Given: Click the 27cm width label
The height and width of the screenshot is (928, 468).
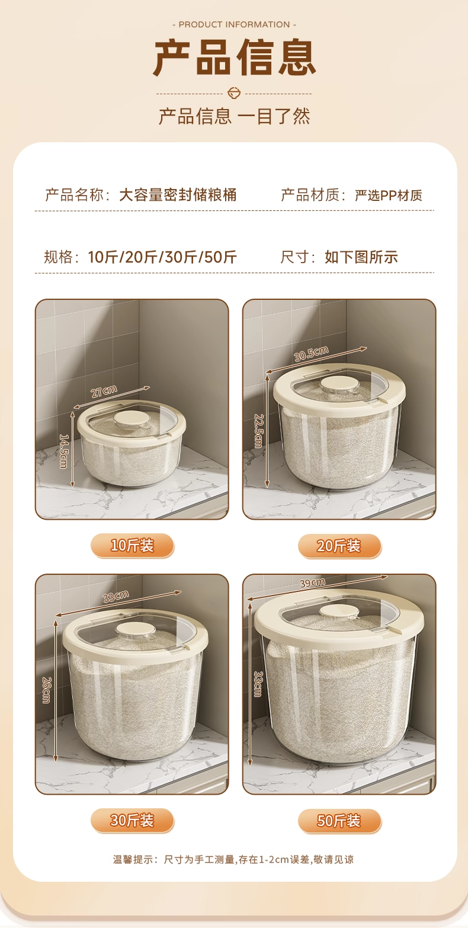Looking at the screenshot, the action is coord(104,392).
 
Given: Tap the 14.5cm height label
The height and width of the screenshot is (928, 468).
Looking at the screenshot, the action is coord(64,451).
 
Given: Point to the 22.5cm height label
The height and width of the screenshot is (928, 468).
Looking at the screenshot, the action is coord(258,431).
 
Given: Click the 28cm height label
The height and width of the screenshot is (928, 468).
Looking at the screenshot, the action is coord(46,690).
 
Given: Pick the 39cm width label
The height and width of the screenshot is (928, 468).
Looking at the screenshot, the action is coord(312,583).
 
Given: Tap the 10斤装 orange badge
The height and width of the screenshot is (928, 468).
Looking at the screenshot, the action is coord(132,546).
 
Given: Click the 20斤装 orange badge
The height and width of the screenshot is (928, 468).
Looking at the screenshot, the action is coord(339,546).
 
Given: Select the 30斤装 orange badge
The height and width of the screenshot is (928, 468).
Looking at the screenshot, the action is coord(132,821).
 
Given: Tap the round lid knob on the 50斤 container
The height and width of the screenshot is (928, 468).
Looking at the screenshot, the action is coord(339,612).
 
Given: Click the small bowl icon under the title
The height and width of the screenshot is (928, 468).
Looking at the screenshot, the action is coord(234,93).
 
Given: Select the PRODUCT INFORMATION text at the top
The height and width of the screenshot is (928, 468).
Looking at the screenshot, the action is coord(234,24).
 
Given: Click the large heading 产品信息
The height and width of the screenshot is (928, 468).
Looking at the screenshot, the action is coord(235,57).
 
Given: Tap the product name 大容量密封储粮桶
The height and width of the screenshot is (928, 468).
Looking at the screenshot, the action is coord(178,195).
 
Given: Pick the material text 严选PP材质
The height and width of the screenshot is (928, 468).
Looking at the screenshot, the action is coord(389,195).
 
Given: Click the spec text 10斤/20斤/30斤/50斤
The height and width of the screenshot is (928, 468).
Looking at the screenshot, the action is coord(162,257).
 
